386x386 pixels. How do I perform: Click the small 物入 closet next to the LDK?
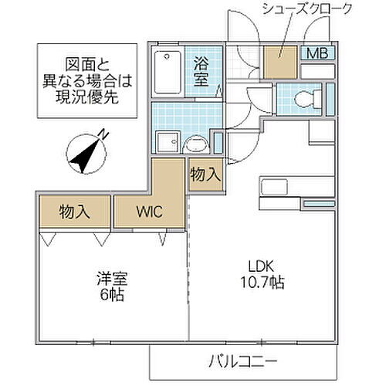[205, 175]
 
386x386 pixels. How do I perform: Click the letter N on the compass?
[104, 134]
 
